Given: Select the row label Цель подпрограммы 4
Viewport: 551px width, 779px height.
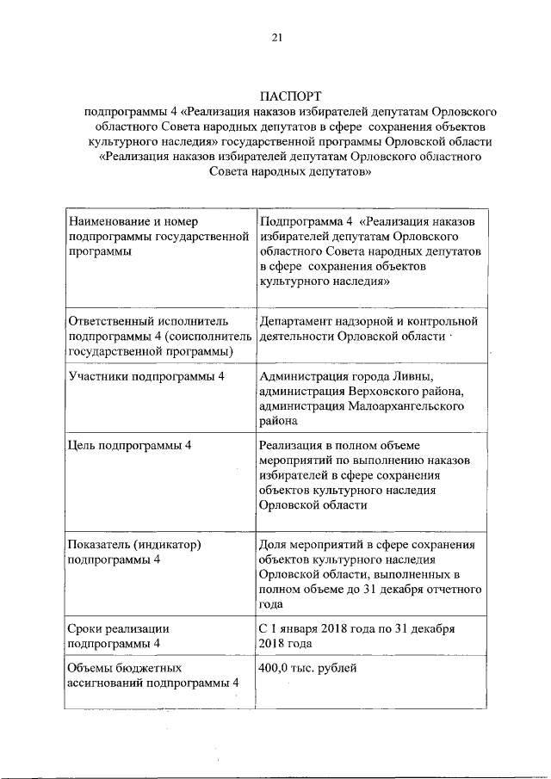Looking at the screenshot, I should point(129,444).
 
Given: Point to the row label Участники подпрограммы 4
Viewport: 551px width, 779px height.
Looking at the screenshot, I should point(146,376).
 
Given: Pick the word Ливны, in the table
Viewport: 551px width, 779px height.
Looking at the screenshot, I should point(412,376).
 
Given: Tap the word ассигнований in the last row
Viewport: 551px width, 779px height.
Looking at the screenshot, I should point(110,683).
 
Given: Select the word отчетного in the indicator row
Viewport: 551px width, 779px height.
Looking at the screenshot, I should point(452,590).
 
